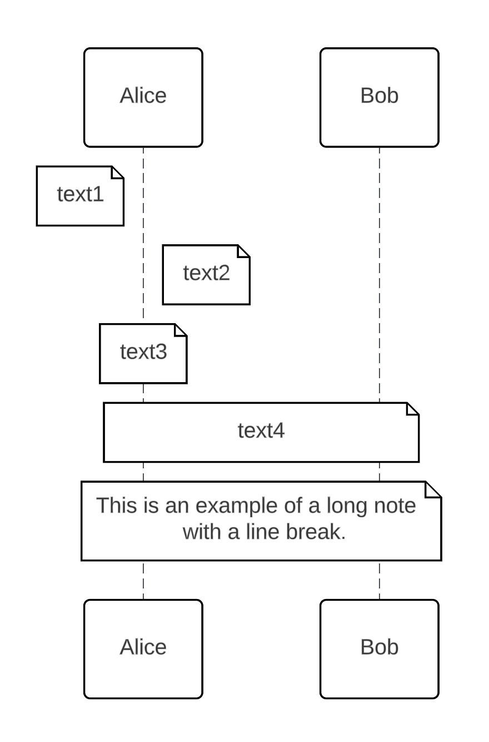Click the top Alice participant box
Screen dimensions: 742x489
tap(143, 97)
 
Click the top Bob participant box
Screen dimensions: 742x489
tap(379, 97)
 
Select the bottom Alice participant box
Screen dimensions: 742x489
tap(143, 649)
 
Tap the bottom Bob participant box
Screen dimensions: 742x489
tap(379, 649)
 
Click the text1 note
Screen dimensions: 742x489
tap(80, 196)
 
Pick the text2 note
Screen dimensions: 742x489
tap(206, 274)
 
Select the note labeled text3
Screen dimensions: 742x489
tap(143, 353)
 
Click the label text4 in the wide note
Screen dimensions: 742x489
tap(261, 431)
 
